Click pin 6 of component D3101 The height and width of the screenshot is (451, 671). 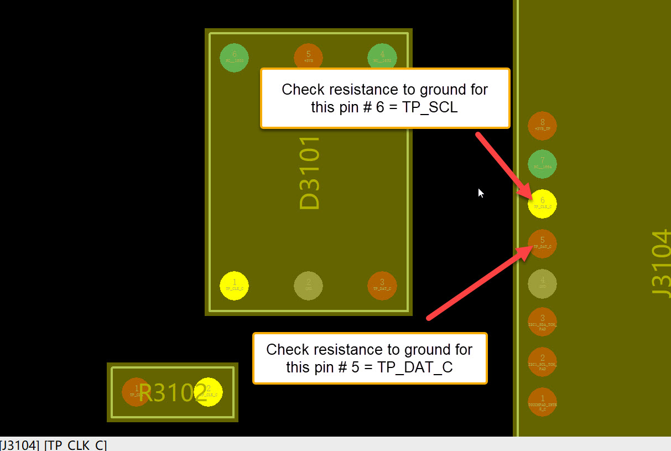(234, 57)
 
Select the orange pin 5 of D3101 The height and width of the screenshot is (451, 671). (308, 57)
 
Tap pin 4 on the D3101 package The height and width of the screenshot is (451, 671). (382, 57)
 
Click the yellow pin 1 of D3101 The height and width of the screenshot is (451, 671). (234, 286)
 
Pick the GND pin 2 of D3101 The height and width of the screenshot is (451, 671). (308, 286)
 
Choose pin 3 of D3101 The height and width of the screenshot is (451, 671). (382, 286)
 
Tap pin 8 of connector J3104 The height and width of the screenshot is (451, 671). (542, 126)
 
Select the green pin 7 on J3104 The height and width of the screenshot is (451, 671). (542, 164)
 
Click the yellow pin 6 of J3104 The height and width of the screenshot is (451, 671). (542, 204)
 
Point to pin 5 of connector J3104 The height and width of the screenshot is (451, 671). (542, 243)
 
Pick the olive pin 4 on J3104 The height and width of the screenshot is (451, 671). (542, 283)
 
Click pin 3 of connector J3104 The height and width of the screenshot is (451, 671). (542, 322)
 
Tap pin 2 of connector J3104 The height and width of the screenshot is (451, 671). (542, 362)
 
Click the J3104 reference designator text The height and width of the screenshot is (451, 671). (661, 264)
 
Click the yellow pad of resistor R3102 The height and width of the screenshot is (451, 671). (209, 392)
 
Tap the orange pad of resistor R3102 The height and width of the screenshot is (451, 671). (135, 392)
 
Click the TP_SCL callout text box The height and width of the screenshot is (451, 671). (384, 99)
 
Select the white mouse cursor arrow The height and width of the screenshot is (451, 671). (480, 193)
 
